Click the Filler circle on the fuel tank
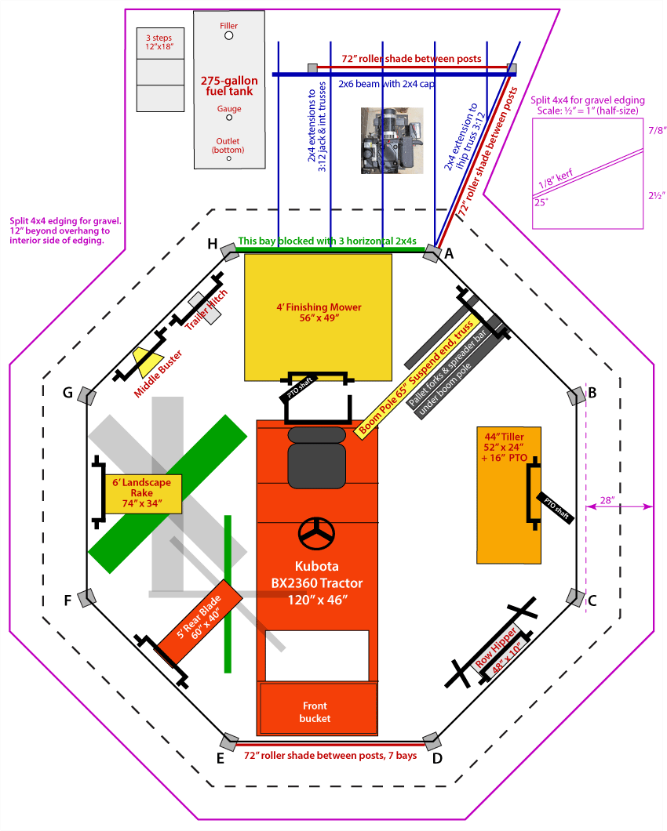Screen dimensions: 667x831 pyautogui.click(x=228, y=35)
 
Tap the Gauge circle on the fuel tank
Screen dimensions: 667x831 pyautogui.click(x=229, y=118)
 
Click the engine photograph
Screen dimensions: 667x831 pyautogui.click(x=392, y=141)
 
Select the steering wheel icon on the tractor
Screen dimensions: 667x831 pyautogui.click(x=317, y=534)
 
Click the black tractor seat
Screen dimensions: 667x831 pyautogui.click(x=317, y=457)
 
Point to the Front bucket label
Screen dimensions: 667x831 pyautogui.click(x=315, y=713)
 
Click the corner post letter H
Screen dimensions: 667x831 pyautogui.click(x=212, y=244)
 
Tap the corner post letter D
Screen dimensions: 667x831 pyautogui.click(x=437, y=758)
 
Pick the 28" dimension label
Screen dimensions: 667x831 pyautogui.click(x=607, y=499)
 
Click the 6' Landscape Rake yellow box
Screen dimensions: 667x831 pyautogui.click(x=144, y=493)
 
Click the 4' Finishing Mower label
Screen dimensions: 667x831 pyautogui.click(x=319, y=312)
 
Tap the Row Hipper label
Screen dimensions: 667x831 pyautogui.click(x=496, y=648)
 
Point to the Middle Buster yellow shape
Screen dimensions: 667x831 pyautogui.click(x=147, y=360)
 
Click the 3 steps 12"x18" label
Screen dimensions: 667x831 pyautogui.click(x=159, y=42)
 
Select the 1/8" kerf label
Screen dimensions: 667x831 pyautogui.click(x=556, y=179)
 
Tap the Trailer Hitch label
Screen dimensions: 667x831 pyautogui.click(x=206, y=310)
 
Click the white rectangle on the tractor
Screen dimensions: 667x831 pyautogui.click(x=317, y=655)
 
